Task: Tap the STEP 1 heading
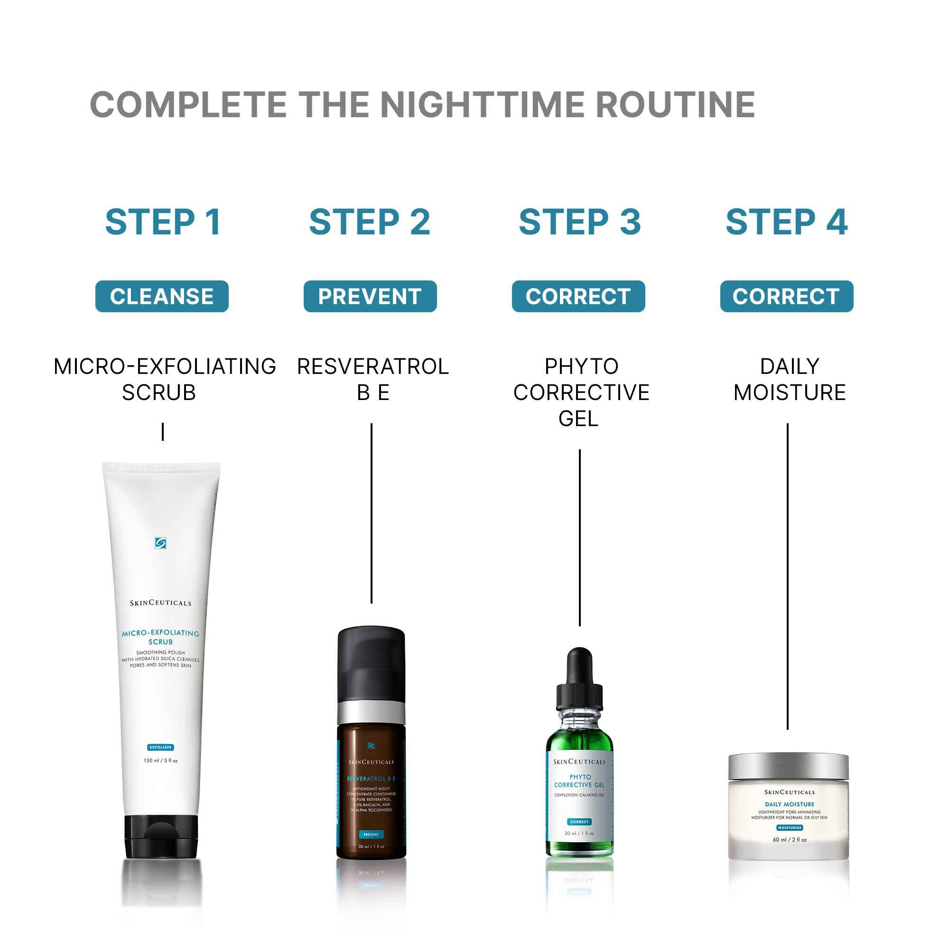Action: pos(163,222)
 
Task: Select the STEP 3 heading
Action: pos(580,222)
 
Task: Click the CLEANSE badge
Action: pos(162,296)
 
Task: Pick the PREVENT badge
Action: pos(370,296)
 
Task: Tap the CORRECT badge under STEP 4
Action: pos(786,296)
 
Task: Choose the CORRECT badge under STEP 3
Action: pos(578,296)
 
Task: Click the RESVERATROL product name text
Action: pos(373,366)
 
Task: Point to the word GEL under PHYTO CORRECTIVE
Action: pos(578,419)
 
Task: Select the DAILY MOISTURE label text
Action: pos(790,379)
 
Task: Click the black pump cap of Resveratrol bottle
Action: pos(372,663)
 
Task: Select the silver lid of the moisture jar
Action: pos(788,767)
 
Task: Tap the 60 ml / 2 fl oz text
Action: pos(790,839)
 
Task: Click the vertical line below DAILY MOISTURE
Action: pos(787,575)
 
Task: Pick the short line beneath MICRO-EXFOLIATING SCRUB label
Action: pos(163,432)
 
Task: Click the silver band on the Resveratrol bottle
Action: pos(372,711)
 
